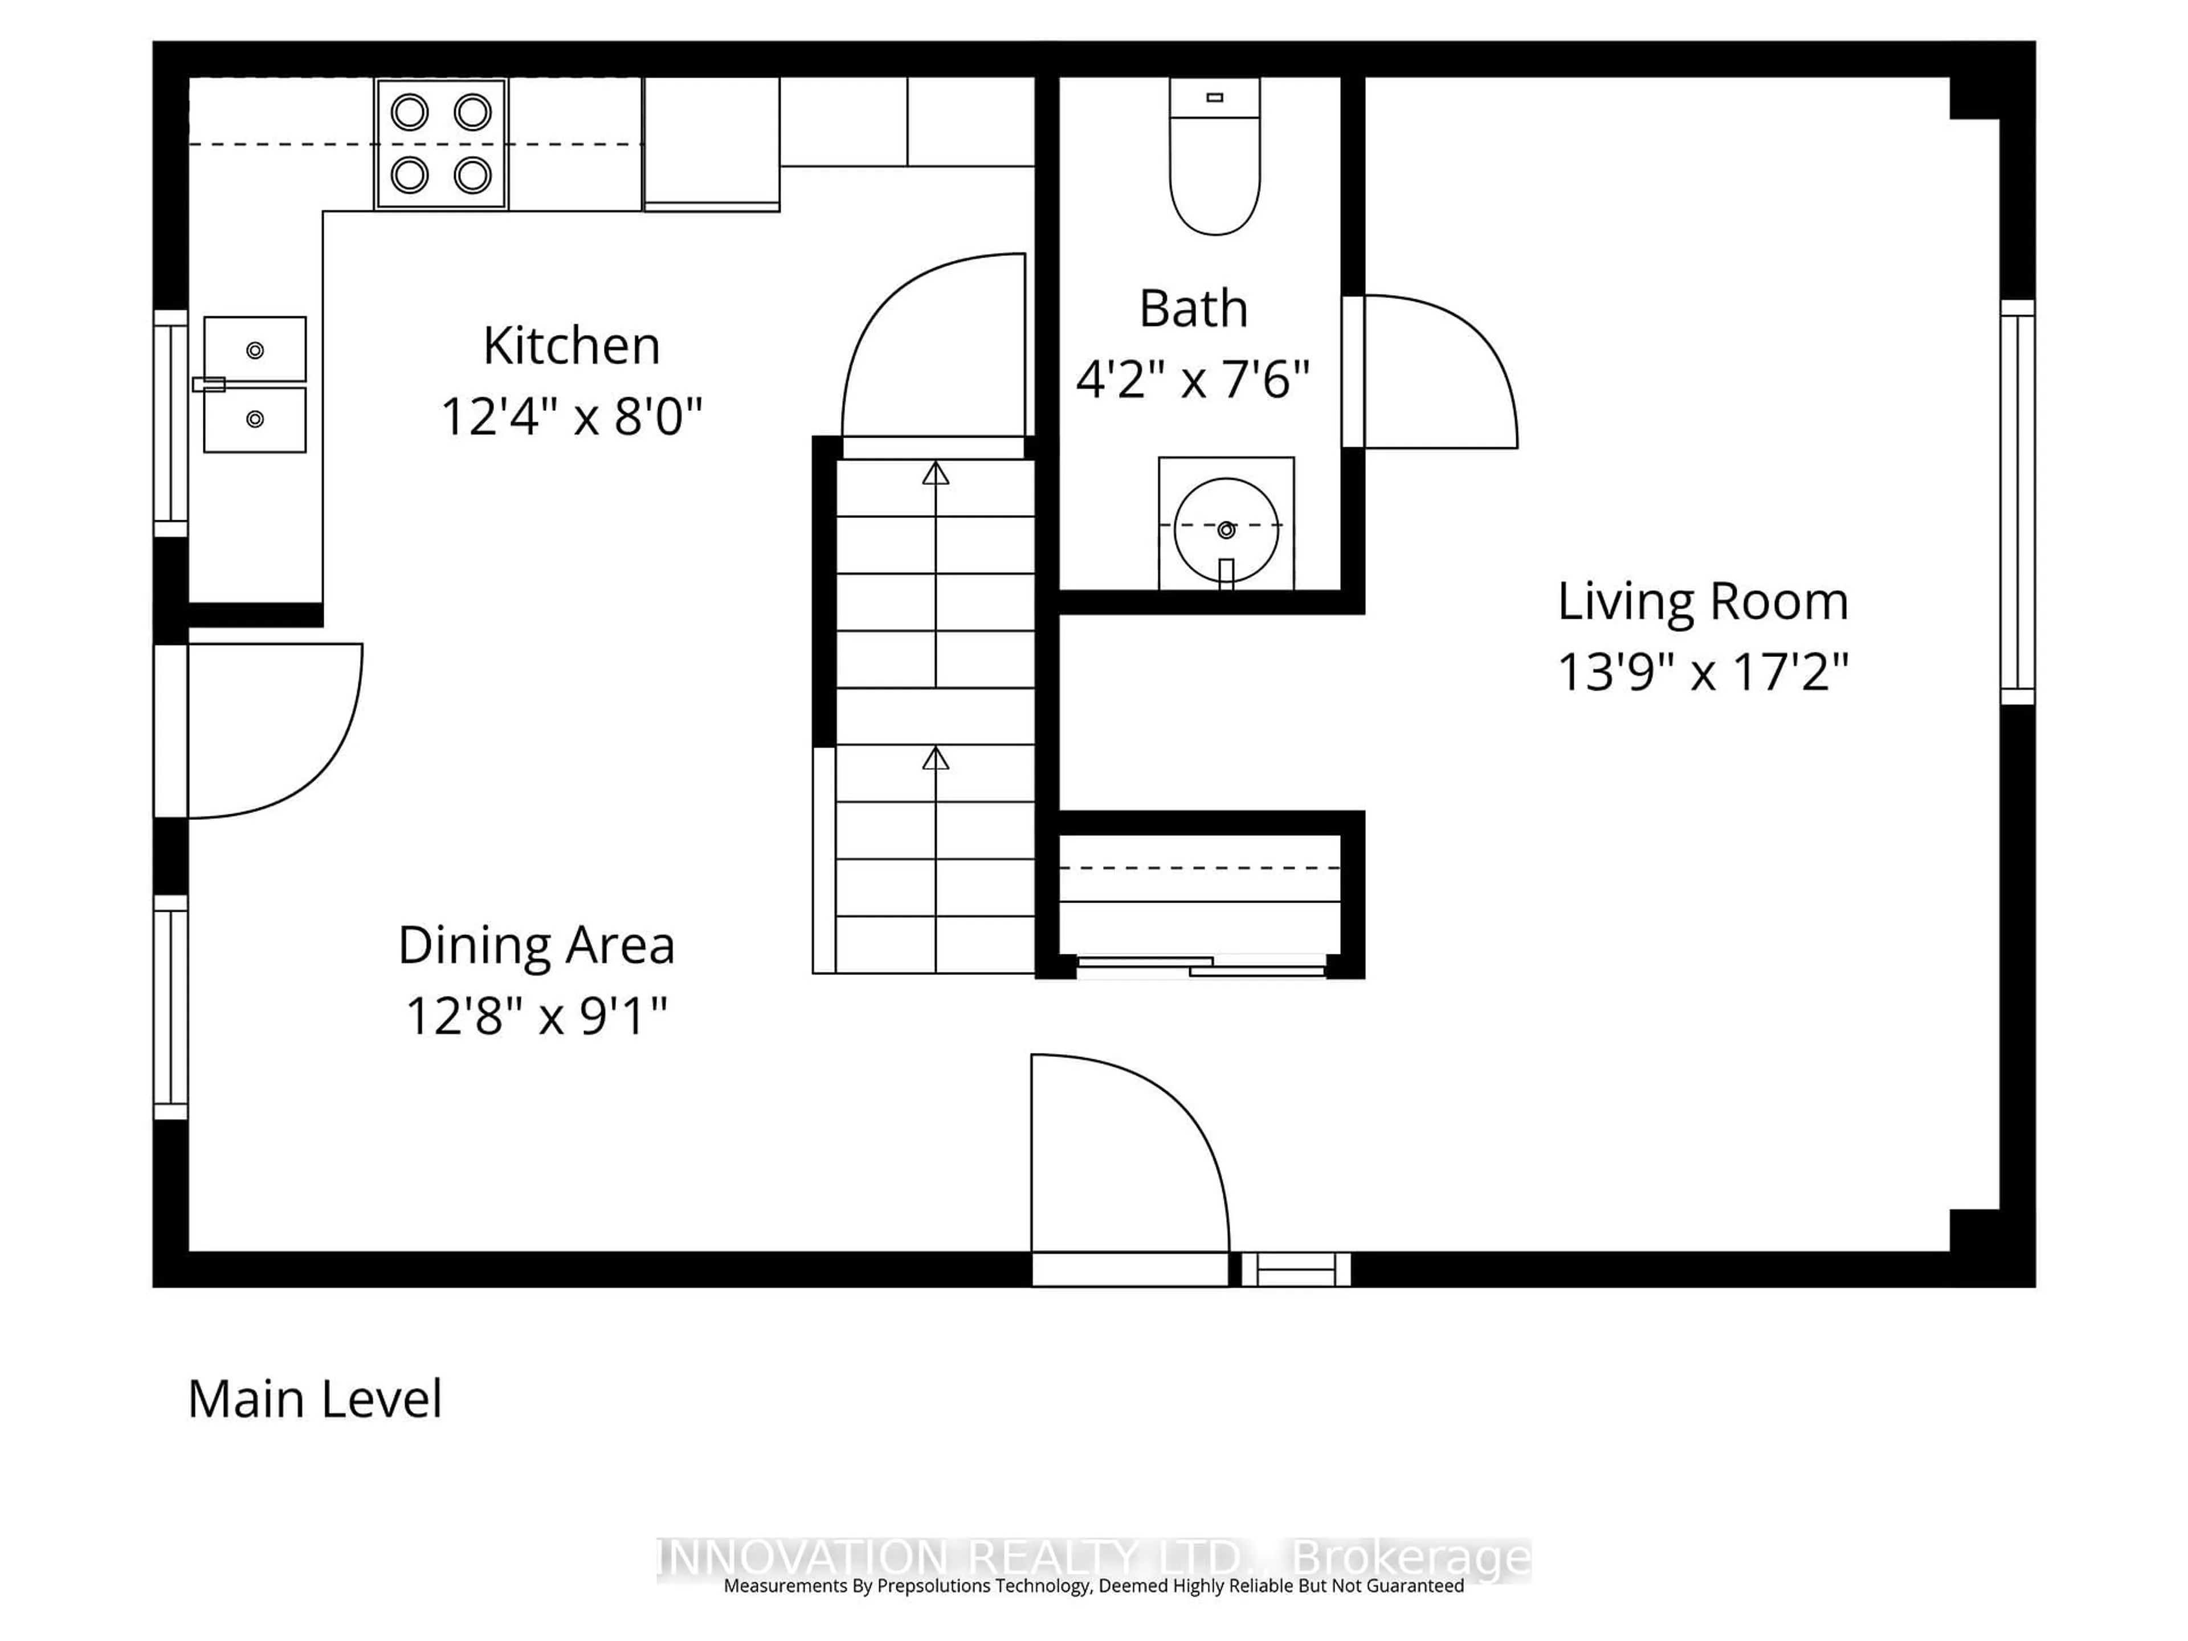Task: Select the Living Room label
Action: (x=1703, y=601)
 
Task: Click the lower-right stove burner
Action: (x=473, y=176)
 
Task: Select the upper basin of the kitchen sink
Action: (x=255, y=349)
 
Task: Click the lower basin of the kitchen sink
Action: (x=255, y=419)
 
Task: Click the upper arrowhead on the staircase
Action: (x=936, y=474)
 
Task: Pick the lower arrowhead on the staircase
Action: (x=936, y=759)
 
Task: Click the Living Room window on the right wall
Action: (x=2017, y=503)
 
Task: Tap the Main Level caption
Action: (x=315, y=1399)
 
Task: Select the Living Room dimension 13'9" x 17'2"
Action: (x=1703, y=672)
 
